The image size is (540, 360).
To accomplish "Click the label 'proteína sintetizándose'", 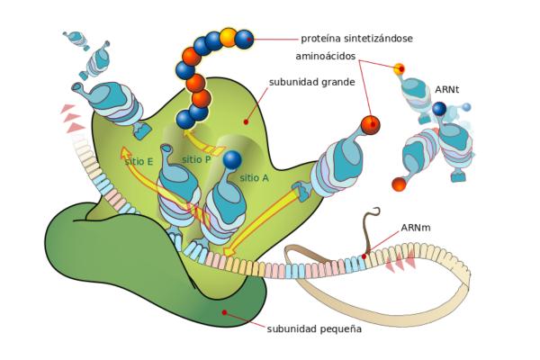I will (357, 39).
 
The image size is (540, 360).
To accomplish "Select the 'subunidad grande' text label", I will (311, 82).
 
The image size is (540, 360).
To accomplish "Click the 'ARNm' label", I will (415, 228).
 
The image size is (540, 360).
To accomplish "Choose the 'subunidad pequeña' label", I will (314, 328).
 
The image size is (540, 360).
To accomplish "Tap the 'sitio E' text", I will (139, 161).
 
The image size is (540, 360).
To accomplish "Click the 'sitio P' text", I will (196, 159).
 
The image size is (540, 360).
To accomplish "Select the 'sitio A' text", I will (254, 178).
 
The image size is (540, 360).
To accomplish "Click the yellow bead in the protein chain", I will (228, 37).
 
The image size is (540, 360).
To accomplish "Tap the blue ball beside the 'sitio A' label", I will (232, 160).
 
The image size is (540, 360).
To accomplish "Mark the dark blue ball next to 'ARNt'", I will (439, 109).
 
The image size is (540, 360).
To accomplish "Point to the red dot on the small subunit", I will (224, 313).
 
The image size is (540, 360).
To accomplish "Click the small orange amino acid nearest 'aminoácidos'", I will (400, 68).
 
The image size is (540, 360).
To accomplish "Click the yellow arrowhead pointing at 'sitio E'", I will (126, 152).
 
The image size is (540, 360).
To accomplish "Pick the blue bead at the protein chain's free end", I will (244, 39).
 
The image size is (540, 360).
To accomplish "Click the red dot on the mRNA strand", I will (364, 257).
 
